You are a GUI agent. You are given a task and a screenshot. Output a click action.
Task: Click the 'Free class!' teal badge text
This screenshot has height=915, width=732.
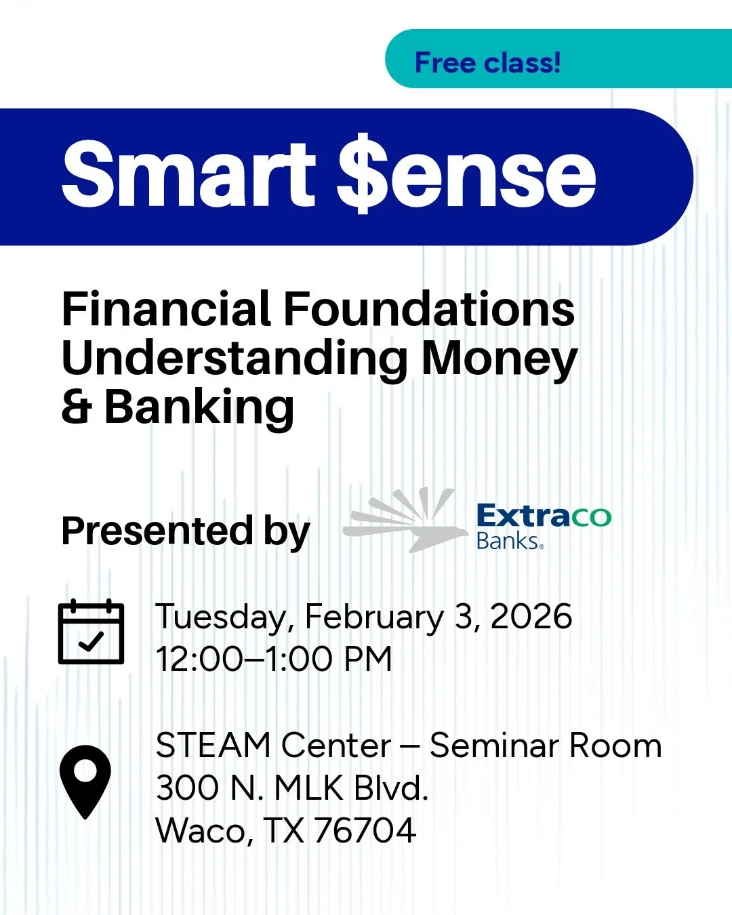[487, 63]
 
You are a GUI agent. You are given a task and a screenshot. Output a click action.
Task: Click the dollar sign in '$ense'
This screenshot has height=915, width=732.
[365, 175]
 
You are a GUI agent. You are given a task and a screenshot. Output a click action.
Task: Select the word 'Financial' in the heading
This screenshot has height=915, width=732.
[166, 309]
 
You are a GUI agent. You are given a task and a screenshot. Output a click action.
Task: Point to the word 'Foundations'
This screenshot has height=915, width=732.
[428, 309]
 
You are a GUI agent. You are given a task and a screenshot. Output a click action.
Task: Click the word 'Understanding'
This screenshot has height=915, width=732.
[235, 359]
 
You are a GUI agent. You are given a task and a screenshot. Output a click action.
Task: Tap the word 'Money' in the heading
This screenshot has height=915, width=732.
[500, 359]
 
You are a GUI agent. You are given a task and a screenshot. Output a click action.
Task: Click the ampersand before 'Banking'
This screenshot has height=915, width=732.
[77, 408]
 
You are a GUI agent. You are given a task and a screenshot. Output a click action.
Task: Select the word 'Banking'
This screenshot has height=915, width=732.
[199, 408]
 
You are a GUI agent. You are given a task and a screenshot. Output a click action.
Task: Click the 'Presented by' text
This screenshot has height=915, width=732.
[185, 531]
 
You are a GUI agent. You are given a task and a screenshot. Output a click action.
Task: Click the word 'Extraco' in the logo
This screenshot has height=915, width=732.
[544, 516]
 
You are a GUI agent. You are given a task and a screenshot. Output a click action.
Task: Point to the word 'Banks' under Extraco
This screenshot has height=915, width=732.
[508, 541]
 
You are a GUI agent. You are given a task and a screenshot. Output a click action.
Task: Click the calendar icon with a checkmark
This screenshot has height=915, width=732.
[91, 632]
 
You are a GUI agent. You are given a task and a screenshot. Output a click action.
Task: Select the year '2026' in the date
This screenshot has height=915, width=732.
[531, 617]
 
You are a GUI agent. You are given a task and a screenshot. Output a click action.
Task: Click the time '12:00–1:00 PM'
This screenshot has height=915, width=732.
[274, 659]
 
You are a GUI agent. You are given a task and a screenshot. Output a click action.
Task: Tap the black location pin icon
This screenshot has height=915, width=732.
[85, 781]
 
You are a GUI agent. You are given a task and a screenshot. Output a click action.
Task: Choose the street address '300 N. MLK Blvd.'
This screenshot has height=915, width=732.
[292, 788]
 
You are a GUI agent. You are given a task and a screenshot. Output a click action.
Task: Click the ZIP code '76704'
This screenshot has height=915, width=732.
[365, 830]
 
